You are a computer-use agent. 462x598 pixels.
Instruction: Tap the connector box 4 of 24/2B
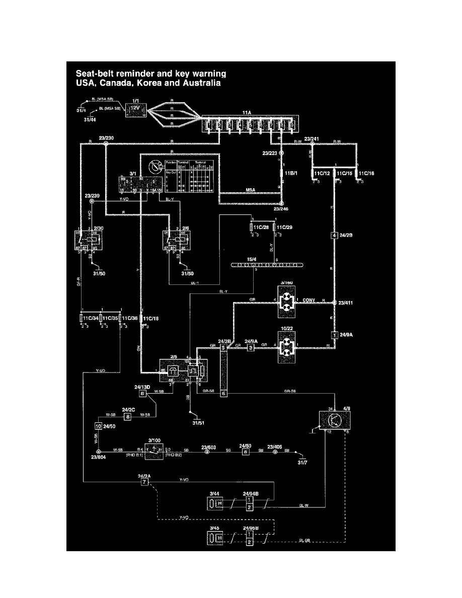pyautogui.click(x=334, y=235)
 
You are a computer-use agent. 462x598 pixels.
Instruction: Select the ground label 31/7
pyautogui.click(x=302, y=462)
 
